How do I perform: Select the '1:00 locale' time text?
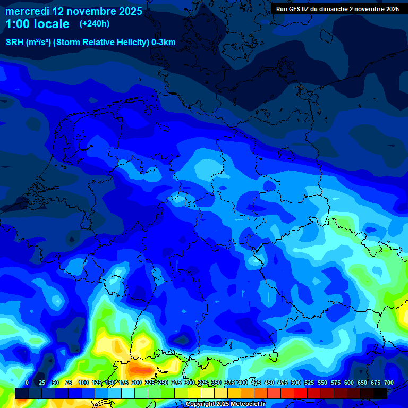[37, 24]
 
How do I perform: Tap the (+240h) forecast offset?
[95, 24]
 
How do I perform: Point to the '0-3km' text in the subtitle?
[164, 42]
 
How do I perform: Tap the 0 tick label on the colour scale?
[27, 382]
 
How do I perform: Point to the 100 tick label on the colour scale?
[83, 382]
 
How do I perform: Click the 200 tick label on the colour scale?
[137, 382]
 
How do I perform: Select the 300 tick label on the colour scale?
[190, 382]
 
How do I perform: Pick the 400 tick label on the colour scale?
[243, 382]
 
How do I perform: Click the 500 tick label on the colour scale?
[296, 382]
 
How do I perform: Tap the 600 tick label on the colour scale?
[349, 382]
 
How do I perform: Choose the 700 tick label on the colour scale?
[389, 382]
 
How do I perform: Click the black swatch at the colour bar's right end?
[380, 393]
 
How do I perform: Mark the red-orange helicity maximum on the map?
[141, 367]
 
